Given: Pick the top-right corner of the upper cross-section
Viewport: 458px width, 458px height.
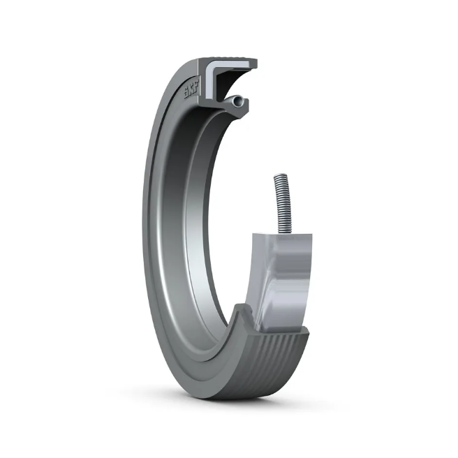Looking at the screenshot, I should [256, 63].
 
